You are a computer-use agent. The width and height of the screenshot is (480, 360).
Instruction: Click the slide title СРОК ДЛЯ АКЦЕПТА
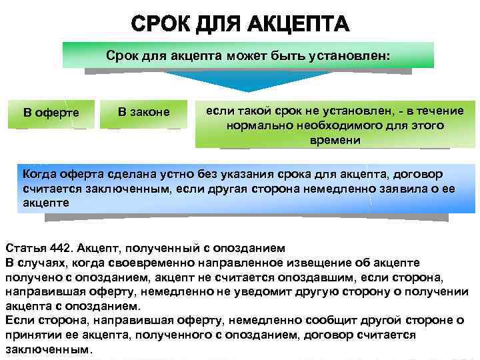[240, 25]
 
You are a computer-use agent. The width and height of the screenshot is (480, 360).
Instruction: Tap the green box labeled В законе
[143, 111]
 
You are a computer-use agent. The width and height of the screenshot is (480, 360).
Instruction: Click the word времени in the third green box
[335, 140]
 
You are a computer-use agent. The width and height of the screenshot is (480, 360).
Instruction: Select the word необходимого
[329, 125]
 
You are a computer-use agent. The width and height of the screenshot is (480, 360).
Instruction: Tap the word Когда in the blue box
[40, 175]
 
